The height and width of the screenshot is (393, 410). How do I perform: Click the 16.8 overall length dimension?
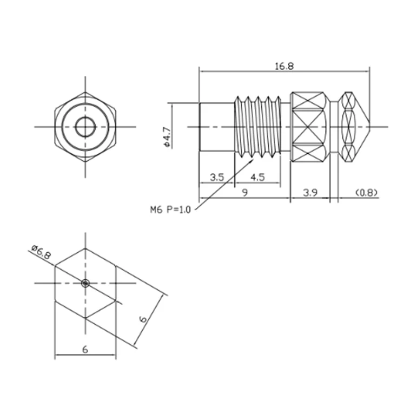click(x=284, y=66)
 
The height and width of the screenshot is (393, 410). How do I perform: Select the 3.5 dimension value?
click(x=217, y=177)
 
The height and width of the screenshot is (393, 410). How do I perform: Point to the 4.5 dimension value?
click(x=257, y=177)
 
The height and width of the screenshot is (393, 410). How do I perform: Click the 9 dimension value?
click(x=244, y=193)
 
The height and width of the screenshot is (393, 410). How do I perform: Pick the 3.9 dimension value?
click(x=310, y=193)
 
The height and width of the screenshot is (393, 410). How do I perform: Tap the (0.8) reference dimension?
click(x=366, y=193)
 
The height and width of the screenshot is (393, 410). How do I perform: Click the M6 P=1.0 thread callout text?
click(x=170, y=209)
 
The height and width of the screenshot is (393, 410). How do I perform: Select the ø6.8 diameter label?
click(x=41, y=252)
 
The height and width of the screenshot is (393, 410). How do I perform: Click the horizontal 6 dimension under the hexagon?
click(x=85, y=350)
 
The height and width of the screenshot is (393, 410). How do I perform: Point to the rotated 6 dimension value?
click(x=143, y=319)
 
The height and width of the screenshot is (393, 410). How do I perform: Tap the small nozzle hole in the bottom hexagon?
click(x=85, y=283)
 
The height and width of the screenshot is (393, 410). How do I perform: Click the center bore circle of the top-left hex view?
click(x=85, y=127)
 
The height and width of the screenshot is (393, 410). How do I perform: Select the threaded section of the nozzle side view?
click(x=257, y=127)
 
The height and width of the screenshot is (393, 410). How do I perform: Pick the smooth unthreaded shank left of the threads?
click(x=217, y=127)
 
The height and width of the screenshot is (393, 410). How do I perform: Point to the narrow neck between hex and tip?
click(x=334, y=127)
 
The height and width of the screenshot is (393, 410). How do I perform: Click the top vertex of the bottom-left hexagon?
click(x=85, y=248)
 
